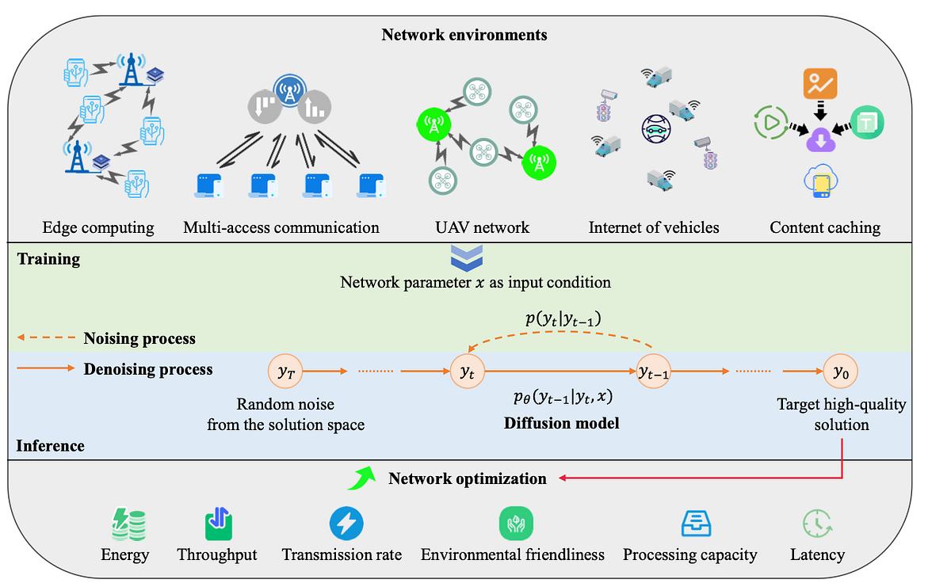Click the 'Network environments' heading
coord(464,35)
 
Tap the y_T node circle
coord(285,371)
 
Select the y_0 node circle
coord(840,371)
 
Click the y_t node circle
coord(467,371)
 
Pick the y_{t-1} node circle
coord(655,371)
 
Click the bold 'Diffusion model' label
coord(561,424)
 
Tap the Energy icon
coord(125,524)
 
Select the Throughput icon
coord(217,524)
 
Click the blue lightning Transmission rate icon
coord(346,524)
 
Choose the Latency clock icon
coord(818,524)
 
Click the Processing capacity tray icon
coord(697,524)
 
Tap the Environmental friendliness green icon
coord(516,524)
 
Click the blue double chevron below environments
coord(466,258)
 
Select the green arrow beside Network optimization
coord(364,478)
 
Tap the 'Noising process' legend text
coord(139,339)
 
